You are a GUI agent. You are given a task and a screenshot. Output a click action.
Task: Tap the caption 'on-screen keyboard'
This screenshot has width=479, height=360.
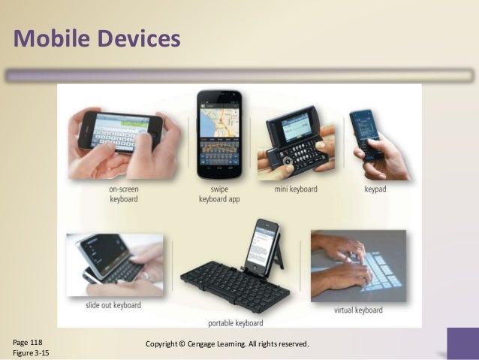tap(123, 194)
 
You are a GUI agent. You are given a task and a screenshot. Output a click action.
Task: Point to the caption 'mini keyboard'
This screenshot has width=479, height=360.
tap(296, 189)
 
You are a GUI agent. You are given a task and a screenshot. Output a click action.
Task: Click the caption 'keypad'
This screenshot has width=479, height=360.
tap(375, 189)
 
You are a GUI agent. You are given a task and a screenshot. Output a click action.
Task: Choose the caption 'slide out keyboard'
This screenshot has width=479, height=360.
tap(113, 306)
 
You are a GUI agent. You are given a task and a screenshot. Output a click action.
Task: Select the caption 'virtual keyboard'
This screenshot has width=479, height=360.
tap(360, 309)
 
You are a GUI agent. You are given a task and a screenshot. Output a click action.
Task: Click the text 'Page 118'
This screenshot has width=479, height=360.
tap(28, 342)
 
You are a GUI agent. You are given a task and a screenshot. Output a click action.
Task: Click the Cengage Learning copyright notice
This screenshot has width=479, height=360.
tap(227, 344)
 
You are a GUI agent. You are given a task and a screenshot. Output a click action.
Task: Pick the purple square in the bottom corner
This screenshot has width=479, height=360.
tap(462, 343)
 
